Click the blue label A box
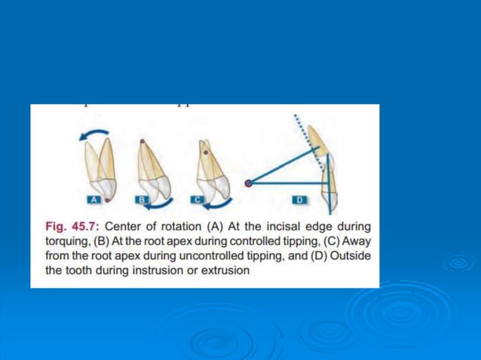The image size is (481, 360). pyautogui.click(x=93, y=200)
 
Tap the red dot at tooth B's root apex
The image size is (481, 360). pyautogui.click(x=142, y=141)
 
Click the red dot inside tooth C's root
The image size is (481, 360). pyautogui.click(x=205, y=151)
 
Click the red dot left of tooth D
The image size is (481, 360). pyautogui.click(x=248, y=182)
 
